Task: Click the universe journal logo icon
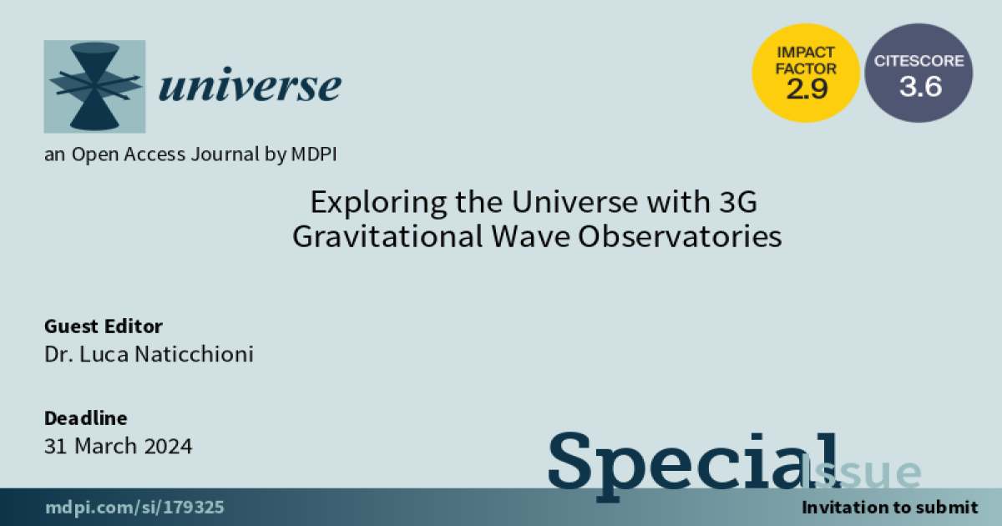[94, 86]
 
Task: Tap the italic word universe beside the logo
[250, 84]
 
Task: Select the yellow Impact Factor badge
[806, 73]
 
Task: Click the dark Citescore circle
[918, 73]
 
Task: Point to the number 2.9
[807, 89]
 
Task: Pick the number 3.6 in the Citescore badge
[920, 86]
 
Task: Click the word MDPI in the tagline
[314, 154]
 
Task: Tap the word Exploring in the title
[378, 203]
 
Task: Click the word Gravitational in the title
[387, 236]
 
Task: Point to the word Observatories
[680, 236]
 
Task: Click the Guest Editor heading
[104, 326]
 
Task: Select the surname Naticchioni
[194, 354]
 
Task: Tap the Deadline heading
[86, 418]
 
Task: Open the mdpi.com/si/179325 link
[134, 508]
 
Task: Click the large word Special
[694, 465]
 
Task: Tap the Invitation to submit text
[890, 508]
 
